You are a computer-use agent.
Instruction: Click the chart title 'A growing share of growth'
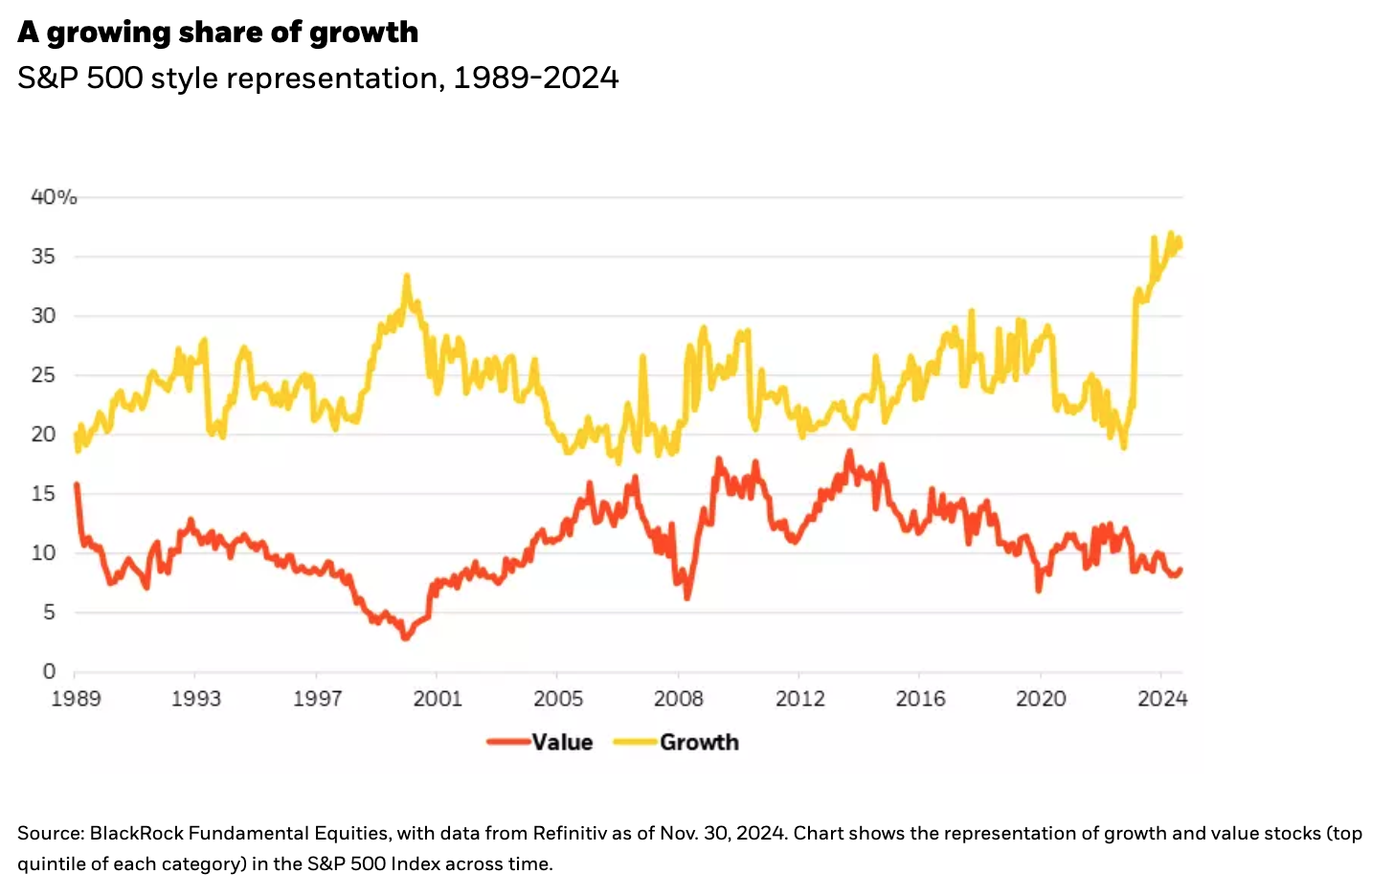(217, 33)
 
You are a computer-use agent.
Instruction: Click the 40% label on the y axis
(54, 197)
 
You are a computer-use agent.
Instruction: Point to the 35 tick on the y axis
(43, 257)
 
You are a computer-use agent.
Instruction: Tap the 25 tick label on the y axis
(43, 375)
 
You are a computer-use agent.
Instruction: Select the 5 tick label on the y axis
(49, 613)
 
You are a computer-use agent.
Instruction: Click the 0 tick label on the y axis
(49, 672)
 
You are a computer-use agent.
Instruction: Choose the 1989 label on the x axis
(76, 699)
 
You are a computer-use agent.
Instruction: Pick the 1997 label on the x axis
(317, 699)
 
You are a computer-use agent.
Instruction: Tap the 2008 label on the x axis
(678, 699)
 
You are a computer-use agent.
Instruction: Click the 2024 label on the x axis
(1162, 699)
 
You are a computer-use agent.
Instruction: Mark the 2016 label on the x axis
(920, 699)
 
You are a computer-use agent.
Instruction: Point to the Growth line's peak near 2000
(407, 277)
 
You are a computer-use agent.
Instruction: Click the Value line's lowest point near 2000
(405, 637)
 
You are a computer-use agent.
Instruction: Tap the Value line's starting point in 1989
(77, 484)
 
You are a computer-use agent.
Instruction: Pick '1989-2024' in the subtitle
(536, 78)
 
